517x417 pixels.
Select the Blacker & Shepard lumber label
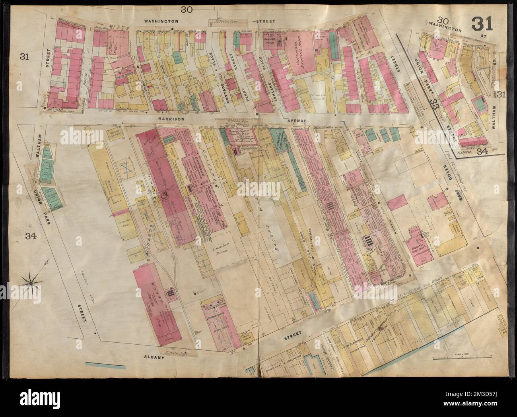[284, 363]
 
